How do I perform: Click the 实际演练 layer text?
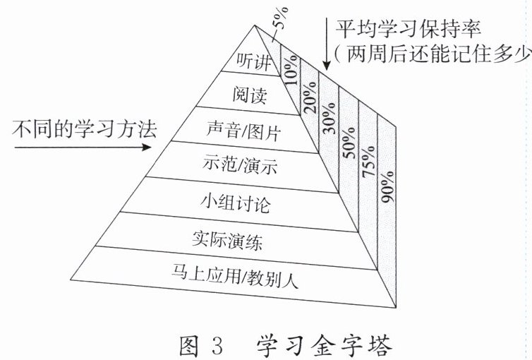[228, 241]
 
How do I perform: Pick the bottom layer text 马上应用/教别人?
[236, 277]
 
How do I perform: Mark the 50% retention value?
[350, 149]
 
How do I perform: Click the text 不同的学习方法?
[82, 128]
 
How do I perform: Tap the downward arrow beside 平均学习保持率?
[326, 42]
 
